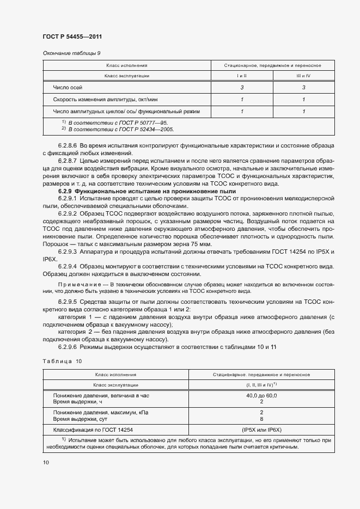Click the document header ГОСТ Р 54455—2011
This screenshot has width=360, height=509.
coord(72,36)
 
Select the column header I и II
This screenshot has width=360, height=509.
coord(241,76)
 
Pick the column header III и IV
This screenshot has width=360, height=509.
coord(303,76)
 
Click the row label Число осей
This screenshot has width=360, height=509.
coord(68,88)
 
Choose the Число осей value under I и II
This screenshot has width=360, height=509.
coord(241,88)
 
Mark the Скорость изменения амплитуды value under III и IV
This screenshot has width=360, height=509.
coord(303,100)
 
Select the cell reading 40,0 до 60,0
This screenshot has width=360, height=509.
coord(261,395)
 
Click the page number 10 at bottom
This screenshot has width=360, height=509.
coord(45,462)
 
